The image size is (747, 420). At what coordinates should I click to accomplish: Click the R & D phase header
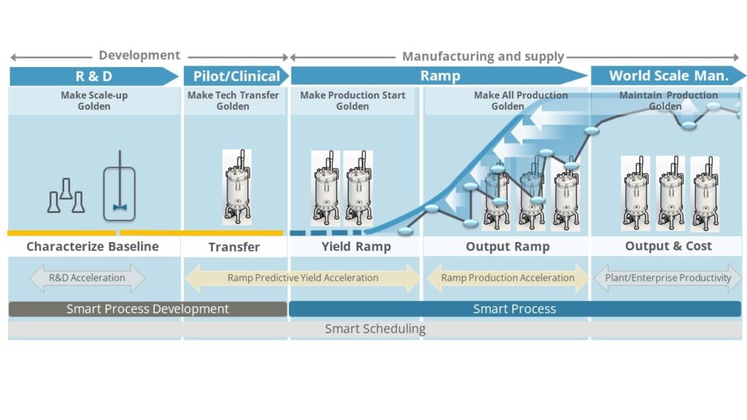[x=93, y=76]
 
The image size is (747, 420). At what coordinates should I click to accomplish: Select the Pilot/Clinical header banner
[x=236, y=76]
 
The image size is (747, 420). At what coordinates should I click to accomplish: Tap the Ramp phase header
[x=440, y=76]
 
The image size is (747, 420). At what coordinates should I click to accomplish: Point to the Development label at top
[x=139, y=55]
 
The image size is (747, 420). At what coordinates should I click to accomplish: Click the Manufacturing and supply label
[x=483, y=56]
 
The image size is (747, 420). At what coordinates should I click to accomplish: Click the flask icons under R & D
[x=66, y=197]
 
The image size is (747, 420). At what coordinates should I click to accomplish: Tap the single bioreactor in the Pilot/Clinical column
[x=236, y=187]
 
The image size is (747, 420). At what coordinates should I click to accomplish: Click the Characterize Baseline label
[x=93, y=246]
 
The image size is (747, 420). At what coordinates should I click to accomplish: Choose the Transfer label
[x=234, y=247]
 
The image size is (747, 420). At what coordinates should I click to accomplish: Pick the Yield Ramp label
[x=356, y=246]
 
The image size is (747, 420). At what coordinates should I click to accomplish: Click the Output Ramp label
[x=508, y=246]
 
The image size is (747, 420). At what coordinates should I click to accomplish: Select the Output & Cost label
[x=668, y=246]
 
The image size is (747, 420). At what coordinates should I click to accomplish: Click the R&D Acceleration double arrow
[x=87, y=278]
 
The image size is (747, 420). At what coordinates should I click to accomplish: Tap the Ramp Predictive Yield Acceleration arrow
[x=303, y=278]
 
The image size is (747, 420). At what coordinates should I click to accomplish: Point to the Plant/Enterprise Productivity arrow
[x=667, y=278]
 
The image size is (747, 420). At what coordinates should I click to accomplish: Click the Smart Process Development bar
[x=147, y=309]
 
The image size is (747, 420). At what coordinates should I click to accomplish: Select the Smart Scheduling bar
[x=375, y=329]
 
